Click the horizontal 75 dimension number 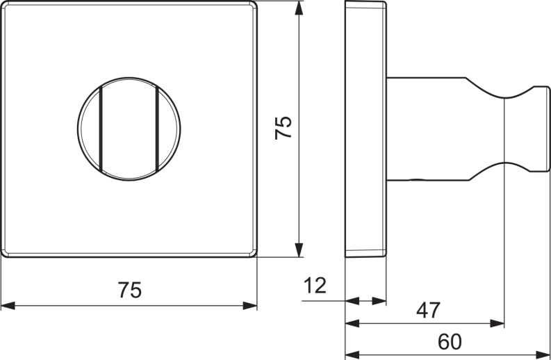click(x=130, y=290)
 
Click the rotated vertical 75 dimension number click(x=283, y=128)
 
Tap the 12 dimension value click(x=315, y=285)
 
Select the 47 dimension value click(x=428, y=310)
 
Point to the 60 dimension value click(x=450, y=341)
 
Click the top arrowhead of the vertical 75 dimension click(x=299, y=8)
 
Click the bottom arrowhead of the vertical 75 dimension click(x=299, y=250)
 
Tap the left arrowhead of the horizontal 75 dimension click(x=8, y=306)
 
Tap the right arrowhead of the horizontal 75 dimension click(x=250, y=306)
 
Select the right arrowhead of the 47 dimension click(x=497, y=323)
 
